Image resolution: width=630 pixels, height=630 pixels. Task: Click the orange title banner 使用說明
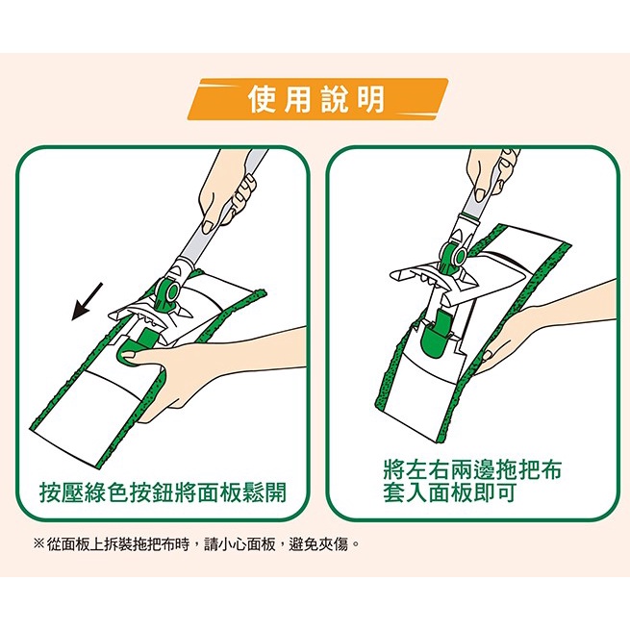pos(317,99)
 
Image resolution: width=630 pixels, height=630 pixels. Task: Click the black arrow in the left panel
pos(87,301)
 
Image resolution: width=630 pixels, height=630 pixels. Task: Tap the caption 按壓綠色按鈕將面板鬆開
pos(164,492)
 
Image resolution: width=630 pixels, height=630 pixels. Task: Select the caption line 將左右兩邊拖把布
pos(472,469)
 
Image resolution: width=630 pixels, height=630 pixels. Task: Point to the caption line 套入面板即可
pos(449,491)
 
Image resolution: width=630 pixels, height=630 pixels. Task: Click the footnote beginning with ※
pos(195,544)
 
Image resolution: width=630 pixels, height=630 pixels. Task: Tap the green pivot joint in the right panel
pos(454,256)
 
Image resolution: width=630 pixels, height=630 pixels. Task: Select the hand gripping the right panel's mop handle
pos(493,173)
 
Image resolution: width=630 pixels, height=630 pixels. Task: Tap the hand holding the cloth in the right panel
pos(539,330)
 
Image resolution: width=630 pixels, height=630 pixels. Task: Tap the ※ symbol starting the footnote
pos(39,544)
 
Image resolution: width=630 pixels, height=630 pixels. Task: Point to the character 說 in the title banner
pos(335,99)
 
